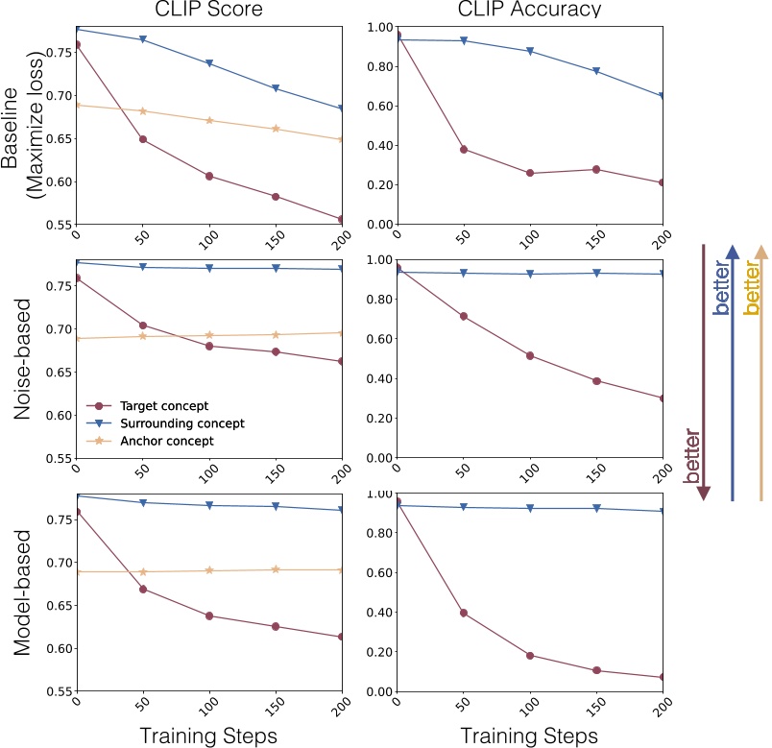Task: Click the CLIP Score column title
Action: [209, 10]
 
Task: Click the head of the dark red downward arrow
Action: [704, 492]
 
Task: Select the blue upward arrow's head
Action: [732, 252]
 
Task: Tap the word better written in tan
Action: [753, 288]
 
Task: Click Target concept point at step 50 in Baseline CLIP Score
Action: [143, 139]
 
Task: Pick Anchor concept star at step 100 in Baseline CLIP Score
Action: [209, 121]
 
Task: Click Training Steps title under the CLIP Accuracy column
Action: [529, 736]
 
